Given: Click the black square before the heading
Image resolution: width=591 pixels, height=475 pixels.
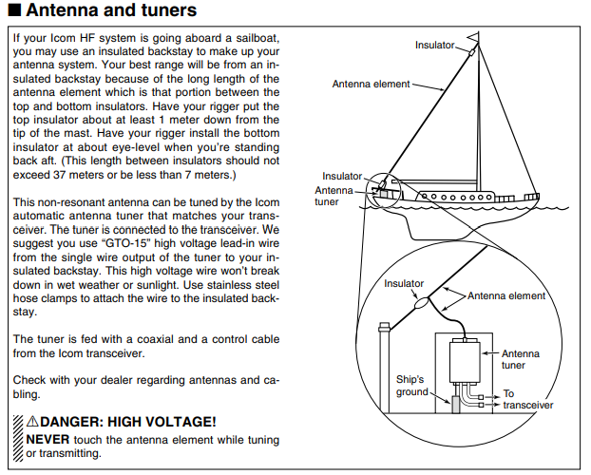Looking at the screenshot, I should [13, 11].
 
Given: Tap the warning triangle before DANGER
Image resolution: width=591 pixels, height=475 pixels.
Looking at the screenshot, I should [34, 421].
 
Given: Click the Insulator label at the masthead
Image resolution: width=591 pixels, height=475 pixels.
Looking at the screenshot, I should [435, 46].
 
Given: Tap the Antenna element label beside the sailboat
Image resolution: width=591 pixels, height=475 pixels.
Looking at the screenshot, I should [371, 84].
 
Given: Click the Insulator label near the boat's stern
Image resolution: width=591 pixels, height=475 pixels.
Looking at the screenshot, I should [342, 176].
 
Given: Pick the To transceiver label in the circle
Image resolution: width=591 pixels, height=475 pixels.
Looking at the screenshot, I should [527, 399].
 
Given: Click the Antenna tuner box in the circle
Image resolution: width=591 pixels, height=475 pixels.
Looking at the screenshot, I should [466, 362].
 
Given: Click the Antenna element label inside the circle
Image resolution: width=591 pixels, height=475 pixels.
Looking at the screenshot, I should [506, 295].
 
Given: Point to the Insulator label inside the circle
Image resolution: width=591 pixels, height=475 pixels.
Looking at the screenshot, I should [404, 283].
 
